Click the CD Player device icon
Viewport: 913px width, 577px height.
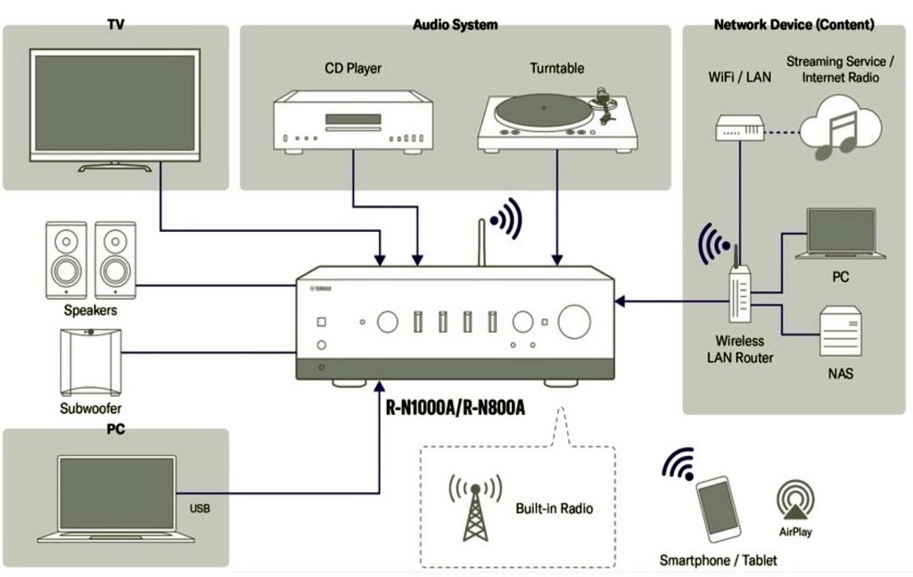(353, 122)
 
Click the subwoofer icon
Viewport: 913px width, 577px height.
(90, 362)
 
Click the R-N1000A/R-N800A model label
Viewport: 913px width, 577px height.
(455, 408)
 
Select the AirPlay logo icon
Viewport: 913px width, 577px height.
(795, 502)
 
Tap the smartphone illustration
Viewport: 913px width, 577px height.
(718, 508)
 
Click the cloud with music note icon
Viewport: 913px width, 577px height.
(839, 129)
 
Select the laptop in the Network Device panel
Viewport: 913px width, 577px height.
(840, 234)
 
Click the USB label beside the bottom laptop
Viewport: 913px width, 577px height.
(201, 509)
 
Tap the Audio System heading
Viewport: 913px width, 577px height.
(455, 25)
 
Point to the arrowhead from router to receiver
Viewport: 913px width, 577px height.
(621, 303)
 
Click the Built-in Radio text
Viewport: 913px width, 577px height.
(554, 508)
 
